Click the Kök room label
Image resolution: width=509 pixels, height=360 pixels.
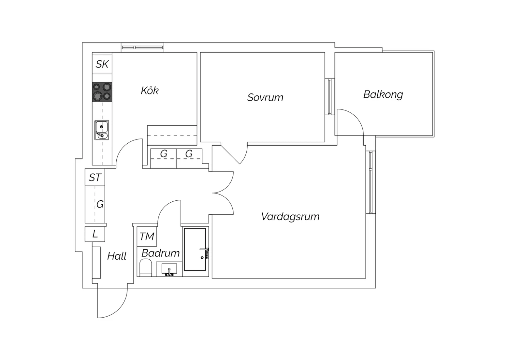coord(150,90)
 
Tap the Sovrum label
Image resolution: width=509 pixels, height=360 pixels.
coord(265,97)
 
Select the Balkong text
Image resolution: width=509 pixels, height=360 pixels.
coord(383,95)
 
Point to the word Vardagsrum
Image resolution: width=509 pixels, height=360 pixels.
coord(290,216)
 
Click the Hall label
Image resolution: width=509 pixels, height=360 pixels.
coord(117,256)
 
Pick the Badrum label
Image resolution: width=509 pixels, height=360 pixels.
coord(161,253)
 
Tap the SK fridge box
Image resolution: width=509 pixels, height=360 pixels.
coord(102,64)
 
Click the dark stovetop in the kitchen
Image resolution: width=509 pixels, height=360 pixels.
coord(102,92)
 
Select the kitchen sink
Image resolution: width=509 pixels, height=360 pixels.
coord(102,130)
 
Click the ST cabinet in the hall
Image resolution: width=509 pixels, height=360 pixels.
coord(95,177)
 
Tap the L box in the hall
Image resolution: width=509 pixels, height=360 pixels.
coord(95,234)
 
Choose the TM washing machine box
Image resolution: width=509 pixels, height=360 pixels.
coord(147,236)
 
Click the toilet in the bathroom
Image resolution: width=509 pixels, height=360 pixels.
coord(146,267)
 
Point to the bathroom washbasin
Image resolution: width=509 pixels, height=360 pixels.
coord(169,269)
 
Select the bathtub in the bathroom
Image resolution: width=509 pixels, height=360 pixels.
coord(195,250)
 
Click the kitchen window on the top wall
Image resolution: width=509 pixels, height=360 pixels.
coord(143,48)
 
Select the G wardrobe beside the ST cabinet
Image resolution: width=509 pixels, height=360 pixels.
coord(95,204)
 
